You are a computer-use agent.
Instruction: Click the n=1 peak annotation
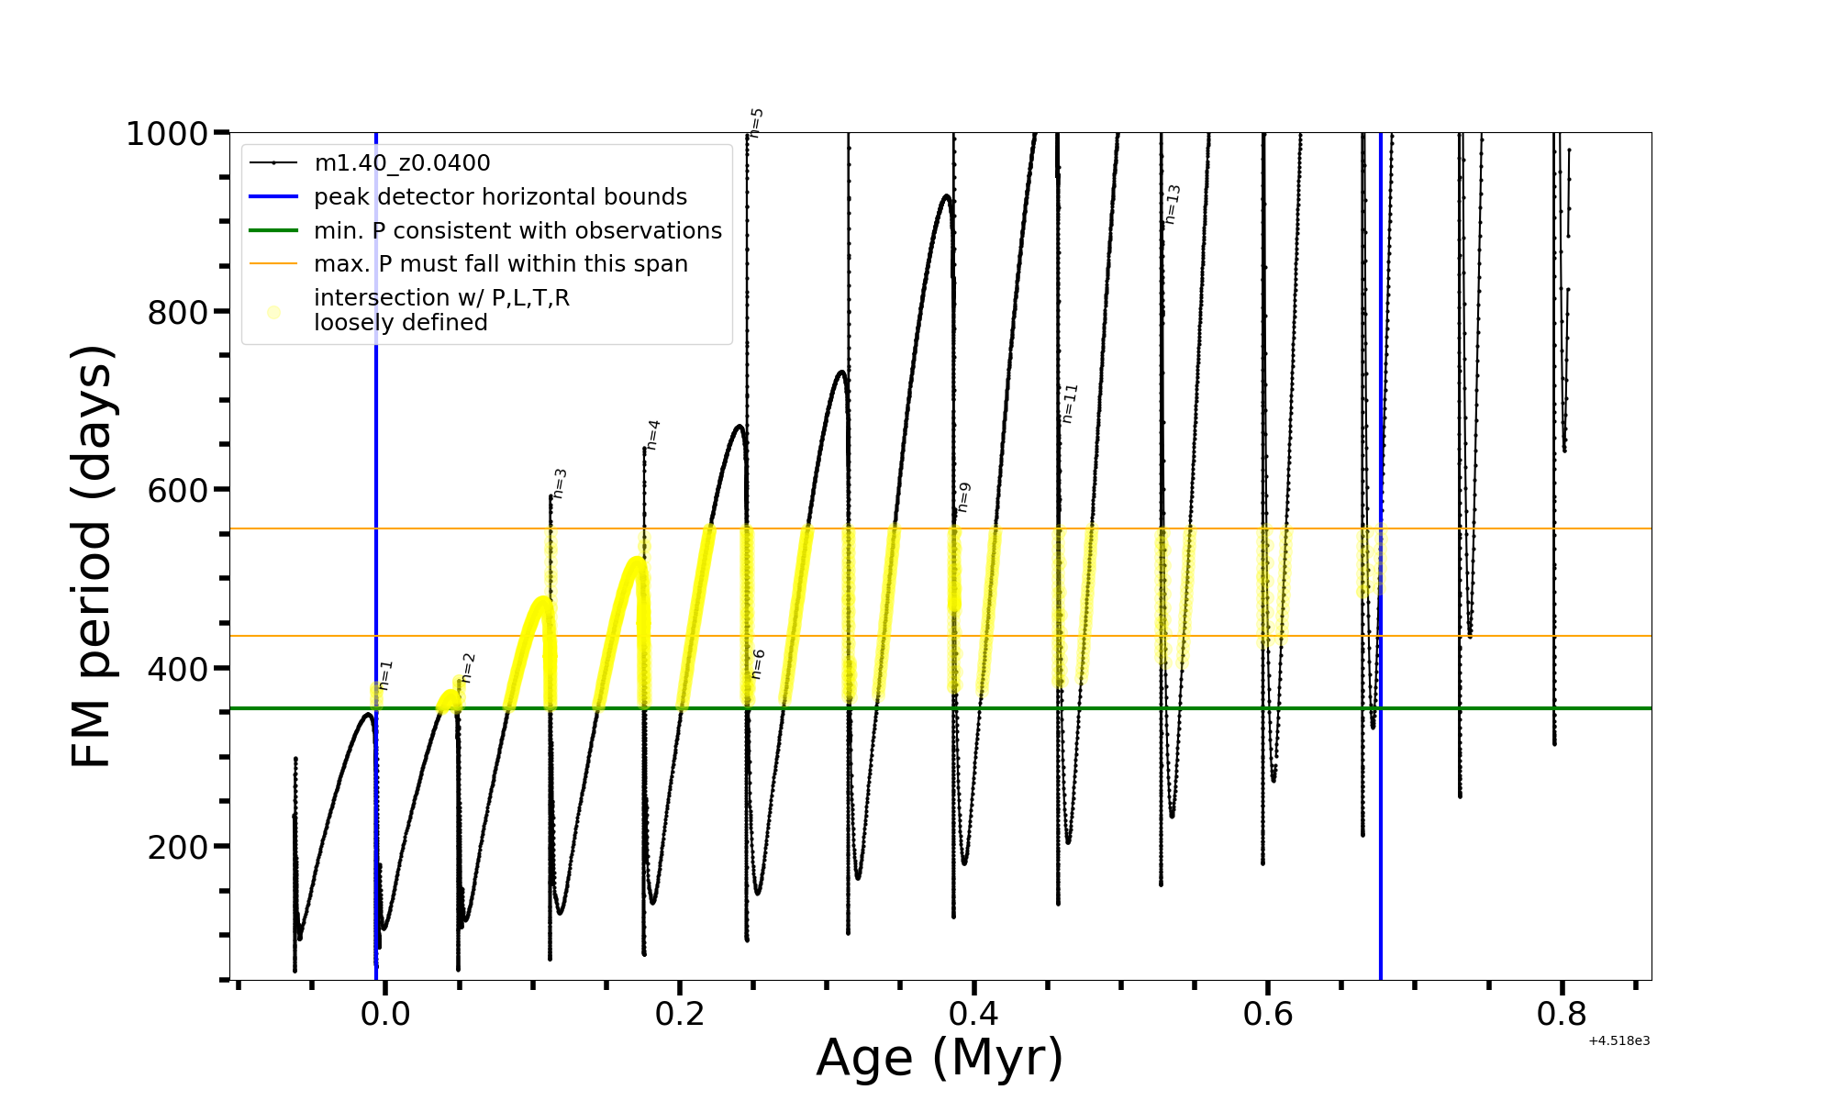point(385,674)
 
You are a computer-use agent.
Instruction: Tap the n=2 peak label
point(468,668)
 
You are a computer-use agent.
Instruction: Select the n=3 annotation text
point(560,484)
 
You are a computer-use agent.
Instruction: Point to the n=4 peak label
point(653,434)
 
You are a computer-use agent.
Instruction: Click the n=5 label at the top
point(756,122)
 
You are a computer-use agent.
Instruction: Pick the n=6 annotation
point(758,663)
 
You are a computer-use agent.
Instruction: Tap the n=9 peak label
point(963,496)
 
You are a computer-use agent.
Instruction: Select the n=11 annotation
point(1070,403)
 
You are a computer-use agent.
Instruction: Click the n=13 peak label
point(1173,204)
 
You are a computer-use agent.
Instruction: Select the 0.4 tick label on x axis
point(973,1014)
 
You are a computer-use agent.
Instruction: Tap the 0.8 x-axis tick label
point(1562,1014)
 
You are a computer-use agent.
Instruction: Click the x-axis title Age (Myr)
point(940,1058)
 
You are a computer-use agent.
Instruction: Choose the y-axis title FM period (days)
point(92,556)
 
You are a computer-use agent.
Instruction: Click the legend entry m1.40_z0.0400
point(402,163)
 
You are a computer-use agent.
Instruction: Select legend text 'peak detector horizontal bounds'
point(500,197)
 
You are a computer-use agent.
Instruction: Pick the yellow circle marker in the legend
point(273,313)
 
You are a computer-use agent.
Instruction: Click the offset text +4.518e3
point(1619,1041)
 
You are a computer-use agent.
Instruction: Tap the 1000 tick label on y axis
point(167,135)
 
